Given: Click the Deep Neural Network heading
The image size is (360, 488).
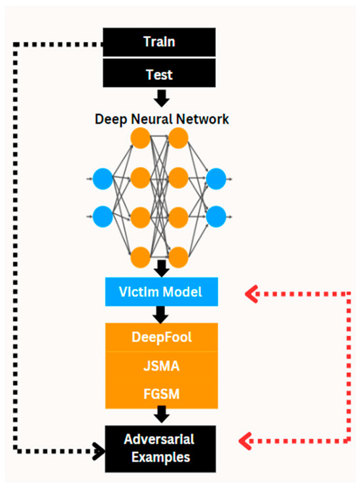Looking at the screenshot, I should coord(162,119).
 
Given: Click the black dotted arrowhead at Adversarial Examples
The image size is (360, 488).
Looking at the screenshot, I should coord(99,451).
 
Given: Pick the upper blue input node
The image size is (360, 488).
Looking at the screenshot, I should coord(102,178).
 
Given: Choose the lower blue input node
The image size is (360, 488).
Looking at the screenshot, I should coord(102,216).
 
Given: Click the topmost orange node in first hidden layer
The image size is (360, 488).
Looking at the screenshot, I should coord(140,138).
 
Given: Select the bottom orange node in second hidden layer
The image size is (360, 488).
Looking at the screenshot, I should coord(178,255).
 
